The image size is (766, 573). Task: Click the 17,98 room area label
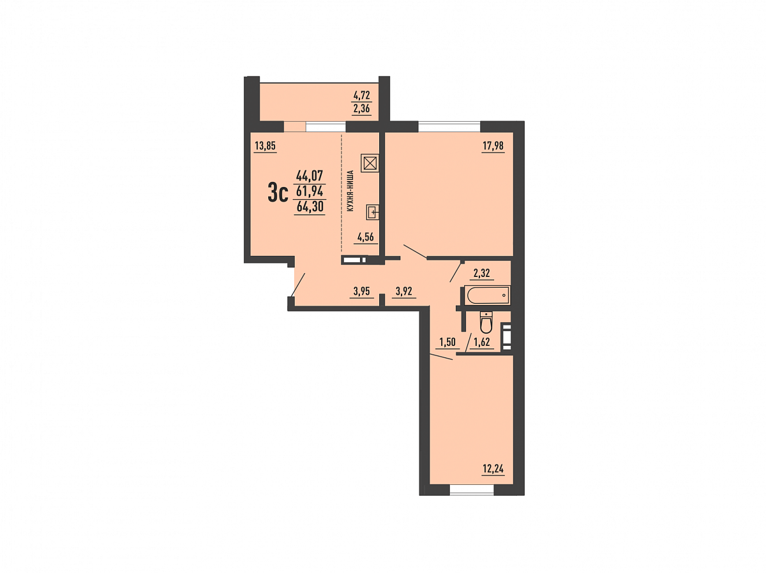[493, 145]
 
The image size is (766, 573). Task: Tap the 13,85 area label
[265, 145]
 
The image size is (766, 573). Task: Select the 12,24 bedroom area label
[493, 469]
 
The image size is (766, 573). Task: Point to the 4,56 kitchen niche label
[365, 237]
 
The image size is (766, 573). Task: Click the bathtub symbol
[488, 295]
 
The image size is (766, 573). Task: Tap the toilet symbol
[485, 322]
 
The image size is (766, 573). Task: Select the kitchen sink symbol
[372, 212]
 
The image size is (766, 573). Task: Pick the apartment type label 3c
[278, 194]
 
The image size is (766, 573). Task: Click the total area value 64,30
[310, 207]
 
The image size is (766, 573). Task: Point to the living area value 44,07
[310, 175]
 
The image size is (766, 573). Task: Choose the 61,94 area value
[310, 191]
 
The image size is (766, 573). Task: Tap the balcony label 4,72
[361, 94]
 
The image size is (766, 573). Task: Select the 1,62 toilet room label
[482, 342]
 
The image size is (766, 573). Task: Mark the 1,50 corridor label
[447, 342]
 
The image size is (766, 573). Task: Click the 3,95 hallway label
[361, 291]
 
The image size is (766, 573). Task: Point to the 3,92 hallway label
[404, 291]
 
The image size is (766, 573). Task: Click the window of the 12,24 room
[472, 490]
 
